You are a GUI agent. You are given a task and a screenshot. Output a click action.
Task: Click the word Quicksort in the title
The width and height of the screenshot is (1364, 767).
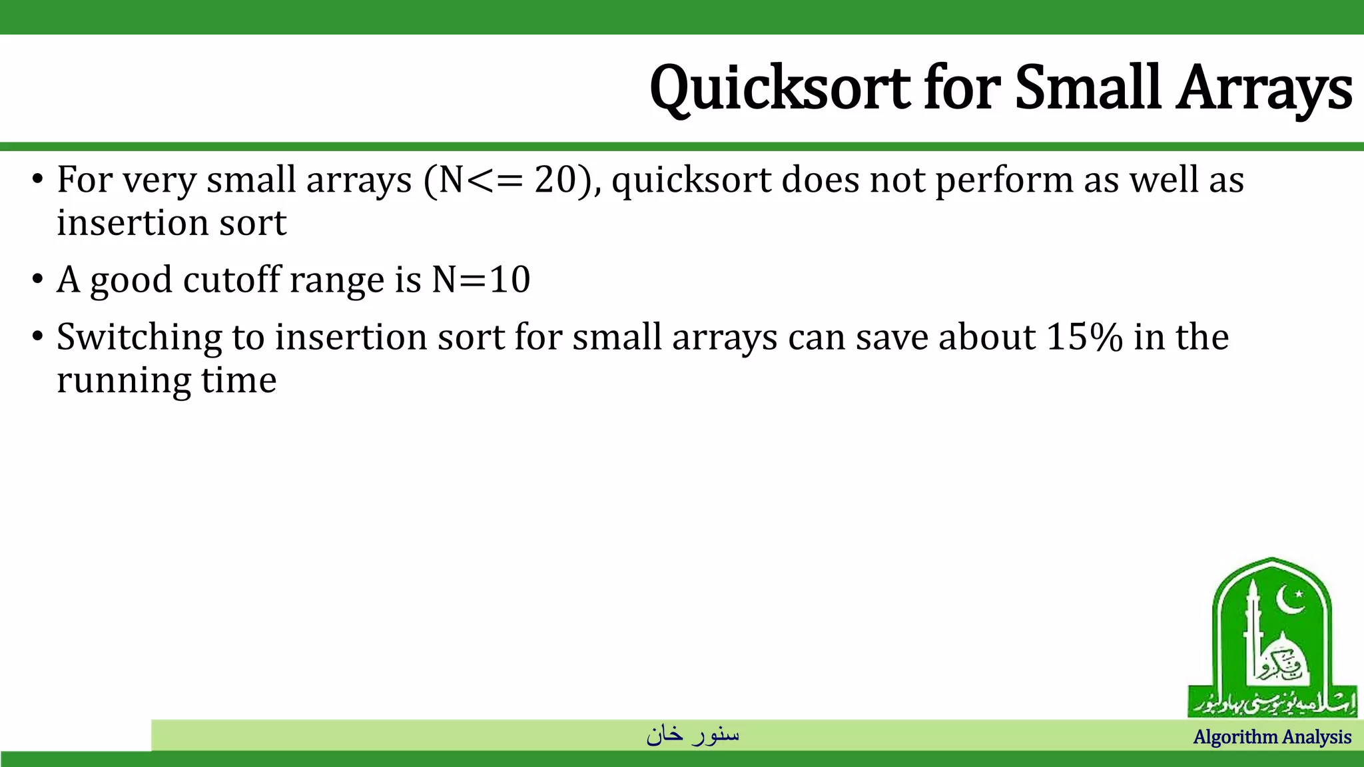[780, 89]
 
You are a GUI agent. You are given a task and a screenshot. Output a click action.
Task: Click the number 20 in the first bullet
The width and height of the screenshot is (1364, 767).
[555, 180]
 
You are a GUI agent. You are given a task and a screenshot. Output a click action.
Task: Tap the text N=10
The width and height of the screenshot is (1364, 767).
[481, 280]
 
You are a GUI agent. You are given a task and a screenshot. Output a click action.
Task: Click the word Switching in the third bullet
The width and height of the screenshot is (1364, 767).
[139, 338]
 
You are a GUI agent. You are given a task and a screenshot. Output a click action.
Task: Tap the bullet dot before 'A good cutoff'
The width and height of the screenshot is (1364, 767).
[37, 280]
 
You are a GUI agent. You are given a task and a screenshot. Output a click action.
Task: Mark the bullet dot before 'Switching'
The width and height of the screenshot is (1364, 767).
[37, 337]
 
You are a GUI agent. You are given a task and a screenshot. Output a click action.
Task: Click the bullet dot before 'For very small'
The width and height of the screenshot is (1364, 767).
[37, 180]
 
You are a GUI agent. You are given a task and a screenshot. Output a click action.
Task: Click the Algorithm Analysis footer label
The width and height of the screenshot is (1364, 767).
[1272, 737]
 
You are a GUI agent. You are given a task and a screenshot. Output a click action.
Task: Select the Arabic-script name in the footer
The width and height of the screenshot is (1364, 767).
[693, 734]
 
